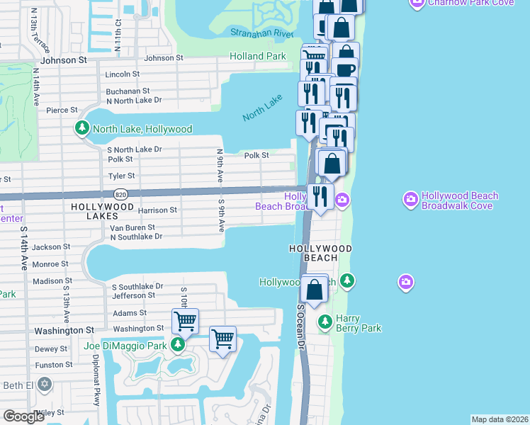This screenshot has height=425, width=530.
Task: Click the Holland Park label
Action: click(x=258, y=56)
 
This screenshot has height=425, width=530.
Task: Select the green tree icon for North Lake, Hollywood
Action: click(x=83, y=129)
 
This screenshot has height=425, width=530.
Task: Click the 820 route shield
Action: click(x=120, y=193)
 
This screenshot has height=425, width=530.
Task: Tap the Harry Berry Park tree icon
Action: click(x=325, y=322)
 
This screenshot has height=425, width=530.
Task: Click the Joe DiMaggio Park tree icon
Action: click(x=178, y=345)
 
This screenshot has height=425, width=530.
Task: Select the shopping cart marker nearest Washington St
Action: click(x=185, y=321)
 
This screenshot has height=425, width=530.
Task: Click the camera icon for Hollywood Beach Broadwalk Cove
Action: click(x=410, y=200)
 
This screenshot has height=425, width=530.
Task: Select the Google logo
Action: click(x=24, y=416)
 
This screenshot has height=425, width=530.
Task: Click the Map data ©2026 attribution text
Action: click(x=500, y=419)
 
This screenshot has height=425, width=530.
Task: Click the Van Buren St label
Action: click(x=132, y=227)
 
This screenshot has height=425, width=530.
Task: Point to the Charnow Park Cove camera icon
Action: click(x=417, y=3)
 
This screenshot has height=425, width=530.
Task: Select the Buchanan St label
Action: click(x=128, y=91)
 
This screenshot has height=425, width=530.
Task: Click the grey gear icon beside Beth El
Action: click(x=45, y=384)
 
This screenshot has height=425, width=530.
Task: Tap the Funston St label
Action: click(x=53, y=365)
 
